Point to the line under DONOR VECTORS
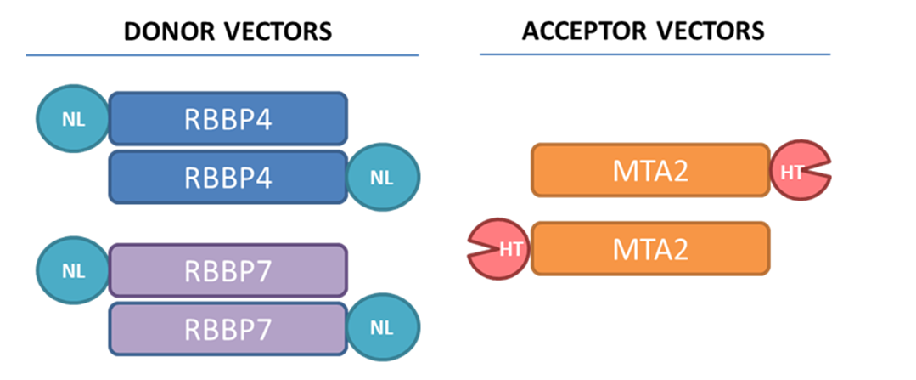pyautogui.click(x=222, y=55)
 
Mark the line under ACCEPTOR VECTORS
pyautogui.click(x=655, y=55)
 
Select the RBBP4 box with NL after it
pyautogui.click(x=228, y=178)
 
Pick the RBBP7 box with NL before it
pyautogui.click(x=228, y=270)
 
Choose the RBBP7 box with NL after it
pyautogui.click(x=228, y=330)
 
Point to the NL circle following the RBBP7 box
pyautogui.click(x=384, y=330)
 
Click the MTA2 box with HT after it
pyautogui.click(x=649, y=170)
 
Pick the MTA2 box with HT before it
pyautogui.click(x=649, y=248)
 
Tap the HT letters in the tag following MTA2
pyautogui.click(x=791, y=172)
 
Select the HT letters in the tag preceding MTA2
pyautogui.click(x=509, y=249)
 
